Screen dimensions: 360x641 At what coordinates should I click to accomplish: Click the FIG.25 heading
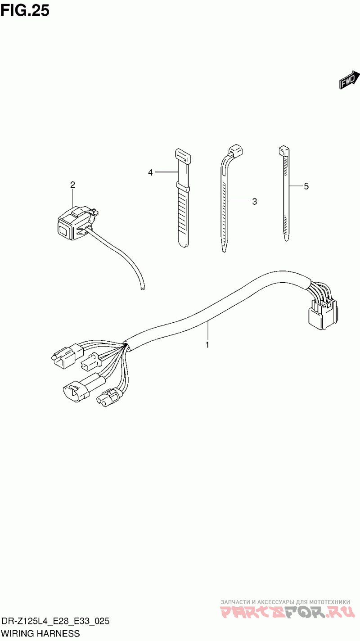[x=25, y=11]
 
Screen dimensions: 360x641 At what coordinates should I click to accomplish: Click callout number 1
[x=207, y=345]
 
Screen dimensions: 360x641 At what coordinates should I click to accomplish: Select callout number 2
[x=72, y=185]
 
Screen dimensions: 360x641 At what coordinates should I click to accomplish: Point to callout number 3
[x=254, y=202]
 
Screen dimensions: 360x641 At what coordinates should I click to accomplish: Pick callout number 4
[x=150, y=172]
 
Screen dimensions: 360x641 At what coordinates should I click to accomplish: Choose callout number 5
[x=306, y=186]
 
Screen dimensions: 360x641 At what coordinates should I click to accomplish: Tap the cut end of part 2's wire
[x=142, y=289]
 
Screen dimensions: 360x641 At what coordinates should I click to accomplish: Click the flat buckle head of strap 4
[x=183, y=155]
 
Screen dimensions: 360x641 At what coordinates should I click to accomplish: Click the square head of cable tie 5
[x=283, y=151]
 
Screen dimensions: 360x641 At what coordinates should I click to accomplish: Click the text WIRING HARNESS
[x=40, y=633]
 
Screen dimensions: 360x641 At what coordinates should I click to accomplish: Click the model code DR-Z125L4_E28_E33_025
[x=55, y=621]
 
